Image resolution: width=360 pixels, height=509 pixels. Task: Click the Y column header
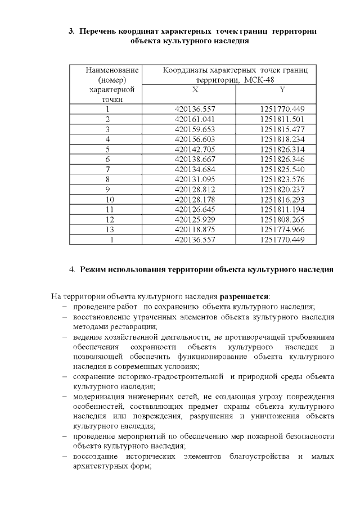282,89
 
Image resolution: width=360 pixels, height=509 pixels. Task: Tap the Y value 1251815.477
282,129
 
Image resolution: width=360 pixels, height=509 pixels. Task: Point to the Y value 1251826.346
282,159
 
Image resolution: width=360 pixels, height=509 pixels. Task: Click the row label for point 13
109,229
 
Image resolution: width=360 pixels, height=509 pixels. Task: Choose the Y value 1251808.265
282,219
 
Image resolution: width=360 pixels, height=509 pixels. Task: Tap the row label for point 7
107,169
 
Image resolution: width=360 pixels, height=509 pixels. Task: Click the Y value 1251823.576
282,179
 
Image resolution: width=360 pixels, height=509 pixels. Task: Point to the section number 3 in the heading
71,31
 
